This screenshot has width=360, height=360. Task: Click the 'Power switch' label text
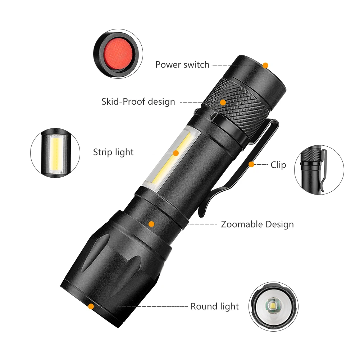(x=182, y=65)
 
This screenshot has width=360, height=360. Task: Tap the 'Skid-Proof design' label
(x=138, y=102)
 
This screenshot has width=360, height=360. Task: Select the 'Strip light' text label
(x=113, y=152)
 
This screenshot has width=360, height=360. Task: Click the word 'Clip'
(x=278, y=165)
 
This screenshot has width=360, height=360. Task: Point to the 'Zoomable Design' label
(x=257, y=224)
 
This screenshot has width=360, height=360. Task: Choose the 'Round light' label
(x=214, y=306)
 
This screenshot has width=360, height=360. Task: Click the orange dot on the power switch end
(x=265, y=65)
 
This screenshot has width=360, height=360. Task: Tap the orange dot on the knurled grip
(x=223, y=102)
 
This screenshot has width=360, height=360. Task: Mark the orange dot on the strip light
(x=176, y=153)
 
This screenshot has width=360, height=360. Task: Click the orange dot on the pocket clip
(x=251, y=164)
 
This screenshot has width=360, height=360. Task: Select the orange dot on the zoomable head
(x=151, y=224)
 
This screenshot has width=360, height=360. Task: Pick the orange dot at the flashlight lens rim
(x=91, y=306)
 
